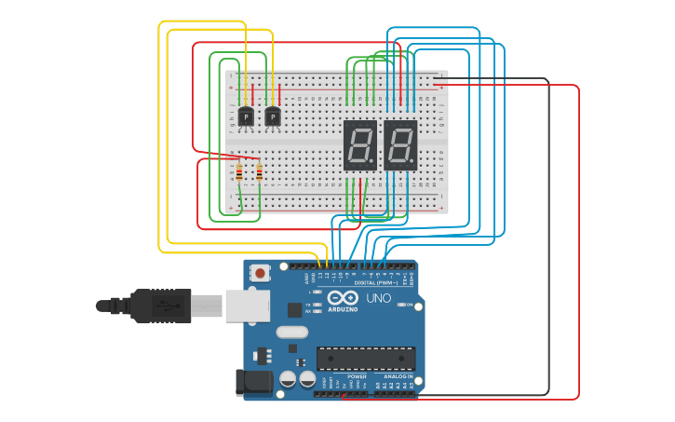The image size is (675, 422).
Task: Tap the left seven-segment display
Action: [360, 145]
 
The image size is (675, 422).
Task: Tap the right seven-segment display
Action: [400, 145]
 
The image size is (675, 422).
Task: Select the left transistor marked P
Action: [246, 117]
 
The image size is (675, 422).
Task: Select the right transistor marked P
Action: [272, 117]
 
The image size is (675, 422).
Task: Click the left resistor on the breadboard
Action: [239, 171]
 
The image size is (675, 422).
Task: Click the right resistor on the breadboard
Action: [259, 171]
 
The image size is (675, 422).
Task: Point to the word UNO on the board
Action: [379, 299]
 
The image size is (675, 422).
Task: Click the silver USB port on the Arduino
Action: [248, 306]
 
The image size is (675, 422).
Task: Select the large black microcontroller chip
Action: [366, 358]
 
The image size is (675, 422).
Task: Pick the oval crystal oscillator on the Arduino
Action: [291, 332]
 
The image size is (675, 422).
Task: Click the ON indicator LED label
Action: [410, 305]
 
